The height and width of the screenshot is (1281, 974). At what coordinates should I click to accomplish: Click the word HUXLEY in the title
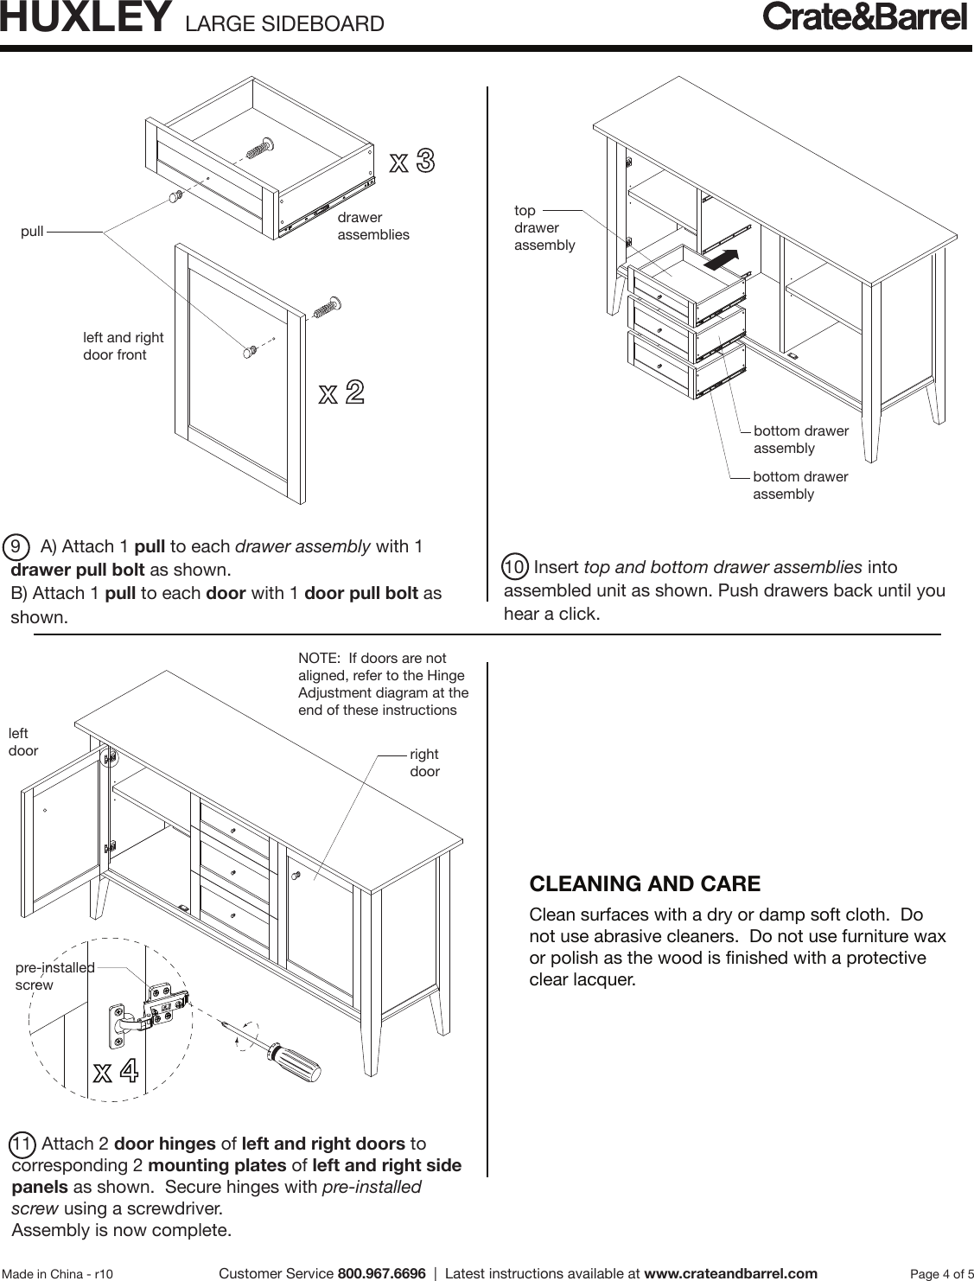coord(85,19)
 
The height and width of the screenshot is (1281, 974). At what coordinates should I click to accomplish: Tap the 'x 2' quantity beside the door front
coord(341,393)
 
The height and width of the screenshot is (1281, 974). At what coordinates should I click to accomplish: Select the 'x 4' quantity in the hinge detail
coord(115,1073)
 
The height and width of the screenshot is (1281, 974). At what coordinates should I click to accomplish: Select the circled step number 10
coord(515,568)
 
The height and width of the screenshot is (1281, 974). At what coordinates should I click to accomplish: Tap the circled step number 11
coord(23,1144)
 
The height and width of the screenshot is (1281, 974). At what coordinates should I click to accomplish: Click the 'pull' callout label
coord(32,233)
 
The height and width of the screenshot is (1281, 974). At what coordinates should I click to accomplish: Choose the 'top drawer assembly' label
coord(544,228)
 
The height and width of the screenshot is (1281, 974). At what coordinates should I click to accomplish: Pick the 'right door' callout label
coord(424,762)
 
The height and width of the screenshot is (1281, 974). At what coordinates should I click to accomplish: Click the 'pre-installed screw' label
coord(54,976)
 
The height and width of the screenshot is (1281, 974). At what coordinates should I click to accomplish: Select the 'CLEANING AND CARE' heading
coord(644,884)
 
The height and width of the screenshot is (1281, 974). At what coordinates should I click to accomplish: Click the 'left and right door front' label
coord(123,346)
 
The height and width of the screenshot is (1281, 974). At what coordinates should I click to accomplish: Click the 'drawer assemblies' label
coord(372,226)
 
